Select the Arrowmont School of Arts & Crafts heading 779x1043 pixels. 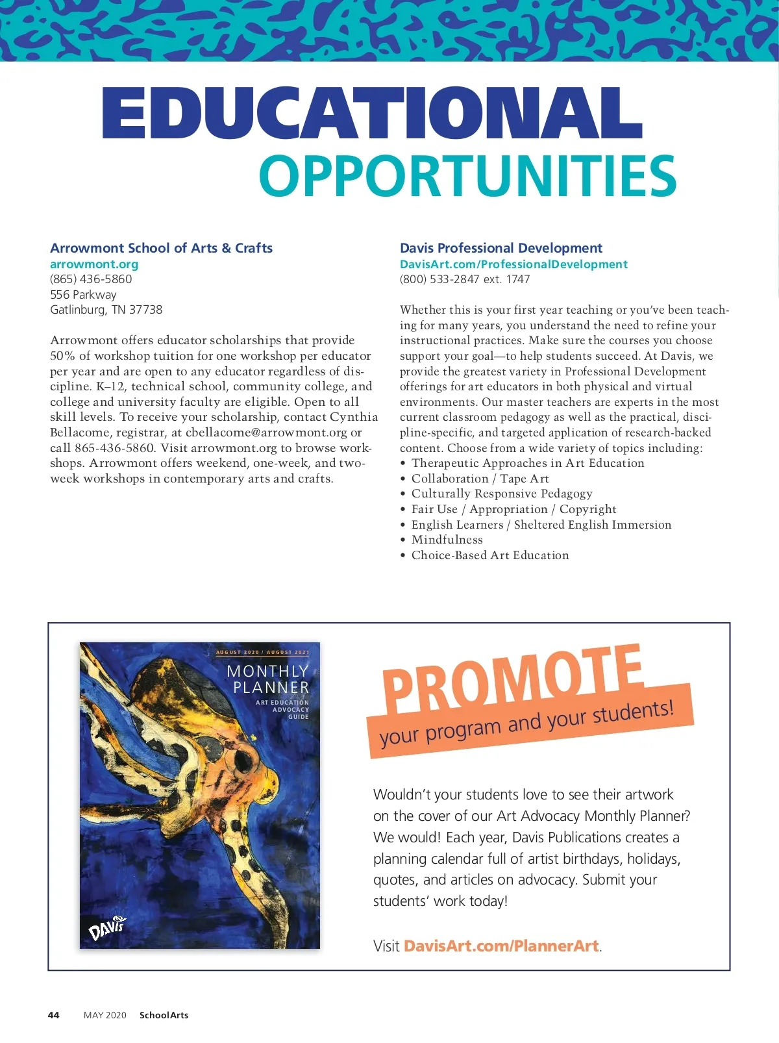(x=161, y=247)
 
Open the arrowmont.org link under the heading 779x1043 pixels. (x=94, y=264)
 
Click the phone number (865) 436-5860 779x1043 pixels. (x=91, y=279)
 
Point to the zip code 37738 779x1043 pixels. (x=145, y=309)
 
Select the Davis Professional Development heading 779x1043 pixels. (x=501, y=247)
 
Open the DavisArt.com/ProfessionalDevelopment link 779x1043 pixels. (x=513, y=264)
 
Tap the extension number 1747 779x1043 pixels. (x=518, y=279)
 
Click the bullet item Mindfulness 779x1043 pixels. (x=447, y=540)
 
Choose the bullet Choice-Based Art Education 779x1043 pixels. (x=490, y=555)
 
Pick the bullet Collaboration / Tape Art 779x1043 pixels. (x=480, y=479)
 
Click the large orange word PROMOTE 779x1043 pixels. (x=513, y=679)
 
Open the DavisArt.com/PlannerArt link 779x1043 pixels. (x=501, y=946)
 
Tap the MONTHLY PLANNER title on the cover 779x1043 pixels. (x=268, y=679)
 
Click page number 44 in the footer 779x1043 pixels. (x=54, y=1015)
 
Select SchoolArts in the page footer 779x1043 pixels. (x=164, y=1015)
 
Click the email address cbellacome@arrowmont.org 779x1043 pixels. (x=266, y=433)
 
